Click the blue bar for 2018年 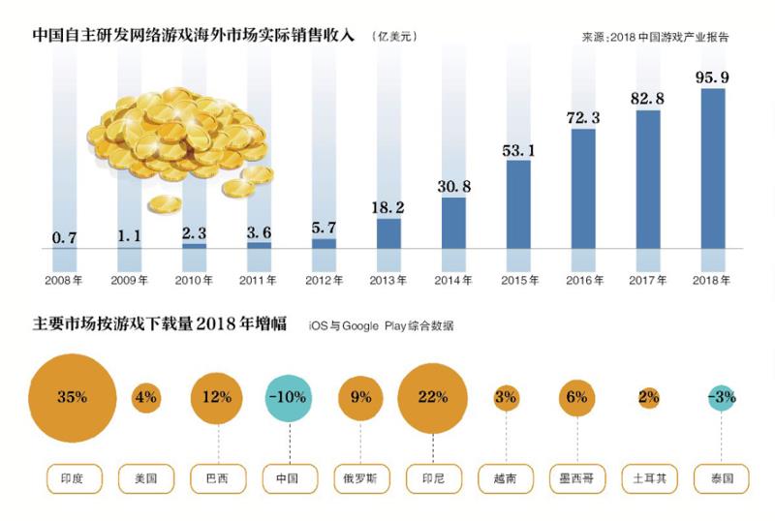[x=713, y=169]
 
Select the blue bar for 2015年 [x=518, y=204]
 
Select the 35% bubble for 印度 [x=73, y=397]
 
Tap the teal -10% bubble [x=289, y=397]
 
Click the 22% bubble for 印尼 [x=433, y=397]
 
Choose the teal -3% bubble [x=721, y=397]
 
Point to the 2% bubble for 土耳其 [x=649, y=397]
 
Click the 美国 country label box [x=145, y=478]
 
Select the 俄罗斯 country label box [x=361, y=478]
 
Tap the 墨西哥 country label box [x=577, y=478]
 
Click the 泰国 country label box [x=721, y=478]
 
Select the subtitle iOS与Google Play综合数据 [x=381, y=326]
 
